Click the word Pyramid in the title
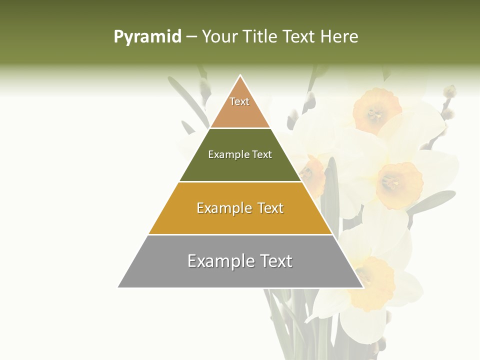pos(147,37)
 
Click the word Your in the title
pos(218,37)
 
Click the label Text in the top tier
pos(239,101)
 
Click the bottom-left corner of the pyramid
pos(118,287)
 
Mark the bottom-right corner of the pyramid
pos(363,287)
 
